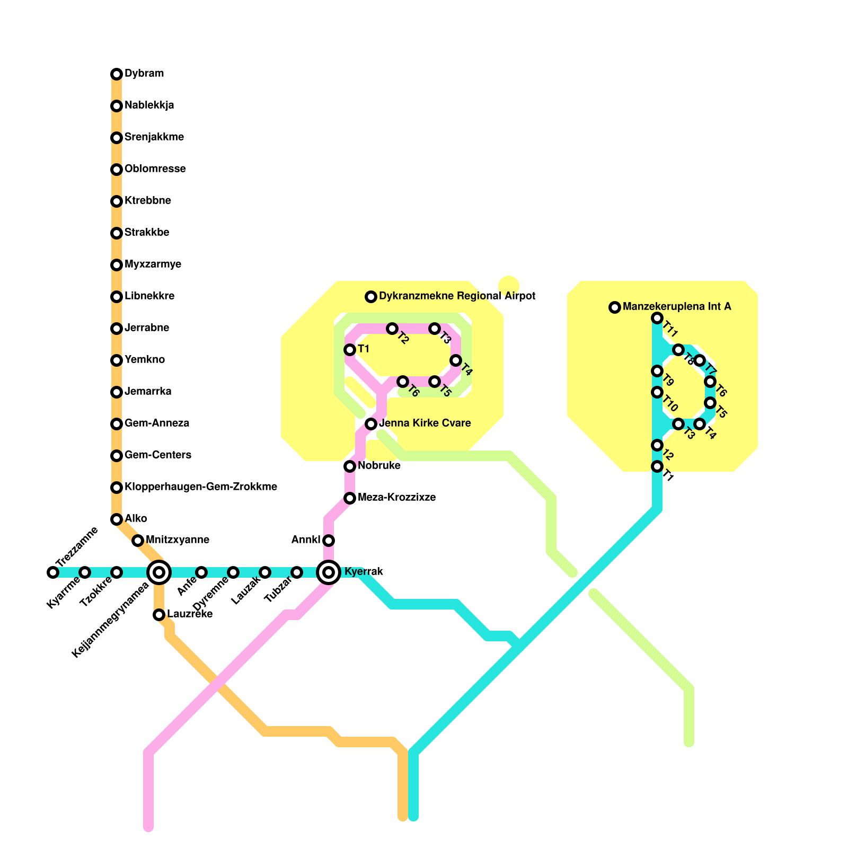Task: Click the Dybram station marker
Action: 117,74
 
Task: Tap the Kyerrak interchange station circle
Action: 329,572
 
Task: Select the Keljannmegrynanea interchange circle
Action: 159,572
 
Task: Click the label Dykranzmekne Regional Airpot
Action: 457,296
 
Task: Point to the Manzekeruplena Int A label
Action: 677,306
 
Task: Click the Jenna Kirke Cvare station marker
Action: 371,423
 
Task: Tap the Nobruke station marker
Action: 350,466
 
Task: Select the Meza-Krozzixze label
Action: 396,497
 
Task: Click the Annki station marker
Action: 329,540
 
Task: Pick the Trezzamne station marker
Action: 52,572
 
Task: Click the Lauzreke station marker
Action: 159,614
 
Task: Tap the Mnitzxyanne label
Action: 177,540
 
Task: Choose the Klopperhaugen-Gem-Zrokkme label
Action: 200,487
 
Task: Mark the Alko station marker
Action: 117,519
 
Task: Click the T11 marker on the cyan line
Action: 657,318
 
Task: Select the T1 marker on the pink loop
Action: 350,350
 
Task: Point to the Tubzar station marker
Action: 297,572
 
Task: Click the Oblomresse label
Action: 155,169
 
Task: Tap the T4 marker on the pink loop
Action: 456,360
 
